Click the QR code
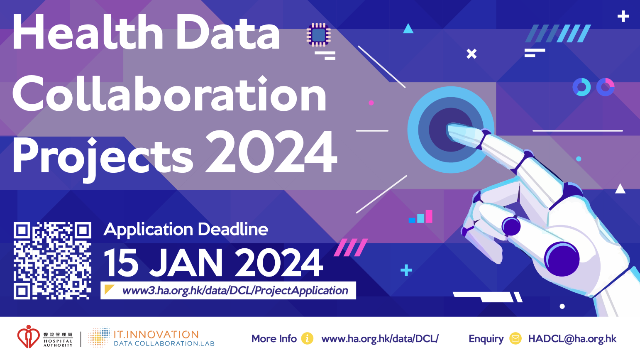pos(52,260)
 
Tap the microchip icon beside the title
pos(319,35)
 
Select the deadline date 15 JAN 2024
pos(213,262)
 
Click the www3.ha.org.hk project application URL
pos(235,291)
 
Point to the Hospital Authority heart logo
pos(28,337)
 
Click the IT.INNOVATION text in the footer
pos(156,334)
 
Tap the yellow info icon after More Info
pos(307,338)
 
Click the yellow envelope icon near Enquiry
pos(515,338)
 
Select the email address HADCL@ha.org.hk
pos(572,339)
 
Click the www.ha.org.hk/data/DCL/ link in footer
pos(380,339)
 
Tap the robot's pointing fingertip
pos(452,129)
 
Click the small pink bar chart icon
pos(420,216)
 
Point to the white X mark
pos(471,54)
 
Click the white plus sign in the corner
pos(623,16)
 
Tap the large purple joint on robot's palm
pos(562,259)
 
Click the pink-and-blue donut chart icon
pos(606,87)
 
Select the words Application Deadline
pos(186,230)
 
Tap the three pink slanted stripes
pos(351,247)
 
